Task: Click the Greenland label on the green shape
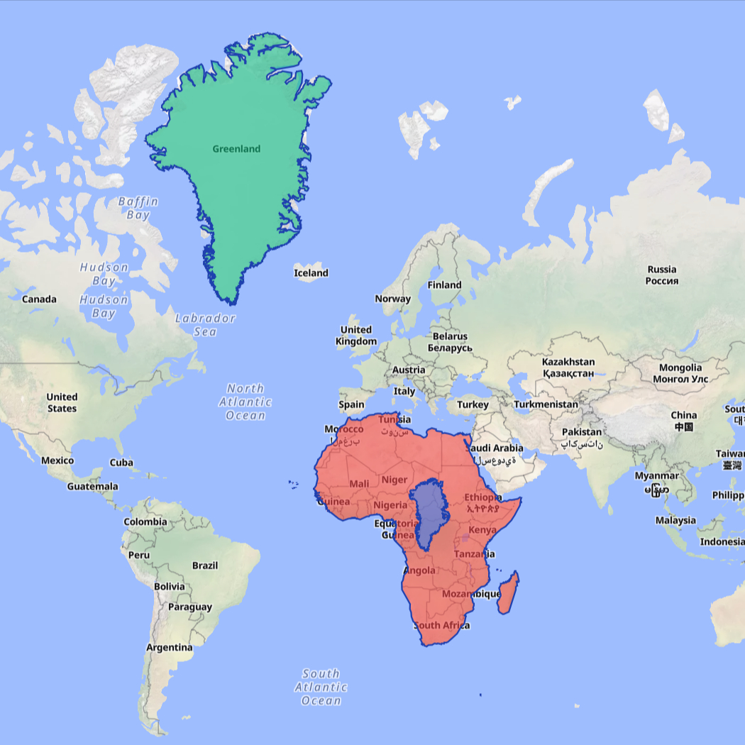[236, 149]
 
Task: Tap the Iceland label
[311, 273]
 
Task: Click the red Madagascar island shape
[508, 593]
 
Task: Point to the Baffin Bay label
[138, 208]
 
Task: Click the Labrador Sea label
[205, 325]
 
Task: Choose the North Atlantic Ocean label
[245, 402]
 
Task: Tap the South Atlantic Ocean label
[321, 687]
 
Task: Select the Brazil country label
[205, 565]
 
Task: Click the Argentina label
[169, 647]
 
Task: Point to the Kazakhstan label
[568, 367]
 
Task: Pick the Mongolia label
[680, 372]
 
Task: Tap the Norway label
[392, 299]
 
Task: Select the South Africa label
[441, 625]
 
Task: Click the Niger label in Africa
[394, 480]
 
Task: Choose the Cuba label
[121, 463]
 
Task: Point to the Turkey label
[473, 404]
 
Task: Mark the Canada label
[39, 299]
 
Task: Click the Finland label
[444, 285]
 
